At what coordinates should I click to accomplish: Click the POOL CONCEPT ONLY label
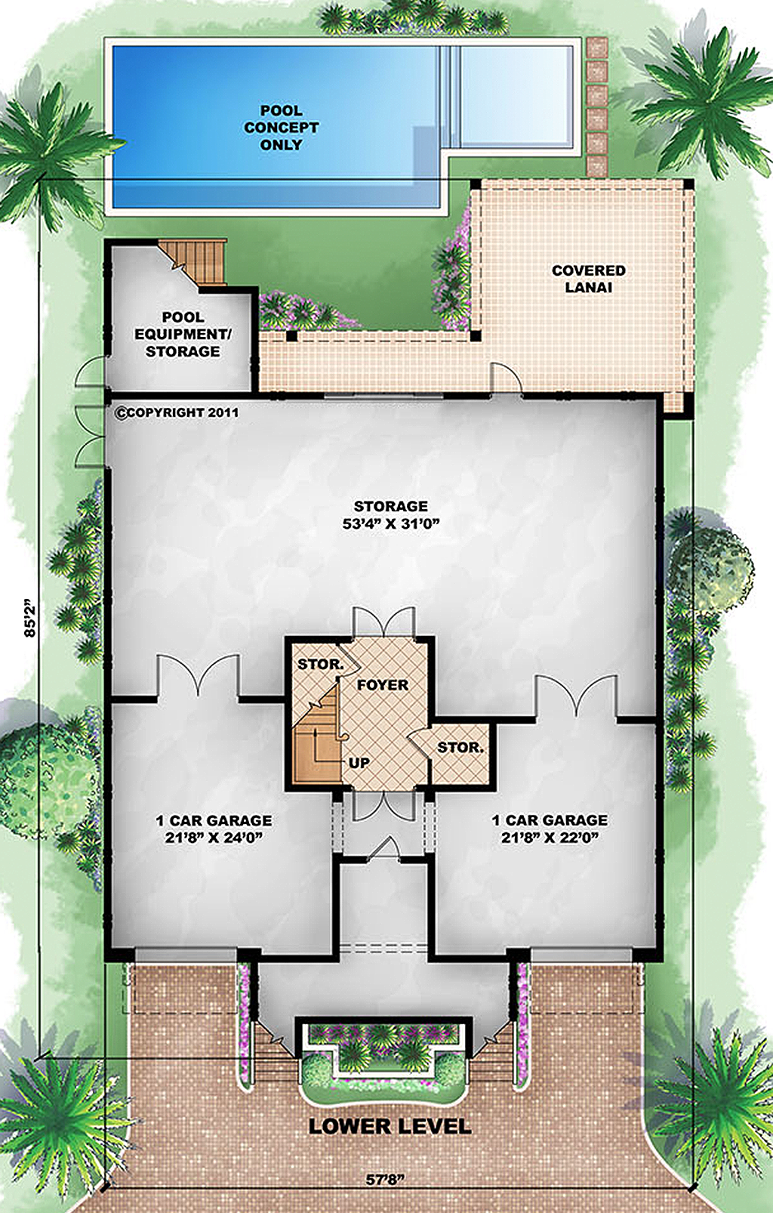point(281,128)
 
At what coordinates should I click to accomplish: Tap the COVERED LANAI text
point(588,279)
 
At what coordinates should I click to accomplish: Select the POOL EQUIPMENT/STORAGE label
point(183,334)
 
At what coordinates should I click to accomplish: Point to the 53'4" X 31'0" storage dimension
point(390,523)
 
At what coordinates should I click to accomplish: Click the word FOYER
point(382,685)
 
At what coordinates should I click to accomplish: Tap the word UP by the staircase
point(359,763)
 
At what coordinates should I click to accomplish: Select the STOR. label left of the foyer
point(320,665)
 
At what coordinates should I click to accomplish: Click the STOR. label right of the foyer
point(460,748)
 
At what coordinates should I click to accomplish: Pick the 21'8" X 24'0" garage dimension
point(214,838)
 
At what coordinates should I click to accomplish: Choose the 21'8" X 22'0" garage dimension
point(550,838)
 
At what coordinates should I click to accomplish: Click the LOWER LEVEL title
point(390,1126)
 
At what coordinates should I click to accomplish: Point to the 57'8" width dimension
point(386,1180)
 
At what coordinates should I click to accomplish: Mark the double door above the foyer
point(383,621)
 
